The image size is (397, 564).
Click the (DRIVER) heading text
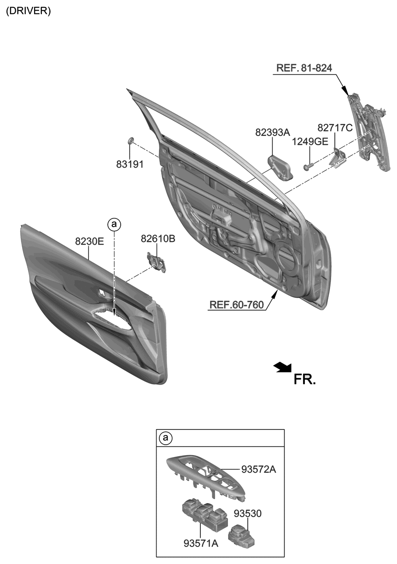point(29,11)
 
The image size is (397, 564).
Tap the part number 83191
point(130,164)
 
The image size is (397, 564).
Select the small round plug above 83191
point(130,140)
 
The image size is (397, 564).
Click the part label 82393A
point(273,132)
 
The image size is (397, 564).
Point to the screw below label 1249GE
point(309,166)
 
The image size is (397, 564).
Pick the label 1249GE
point(310,142)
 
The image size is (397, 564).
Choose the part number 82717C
point(335,128)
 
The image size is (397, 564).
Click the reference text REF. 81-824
point(304,68)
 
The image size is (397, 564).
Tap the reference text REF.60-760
point(236,305)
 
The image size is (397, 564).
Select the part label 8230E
point(89,241)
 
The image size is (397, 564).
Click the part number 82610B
point(158,239)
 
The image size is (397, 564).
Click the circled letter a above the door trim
point(114,224)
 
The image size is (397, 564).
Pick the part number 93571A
point(201,544)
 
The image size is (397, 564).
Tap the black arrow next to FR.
point(283,368)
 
